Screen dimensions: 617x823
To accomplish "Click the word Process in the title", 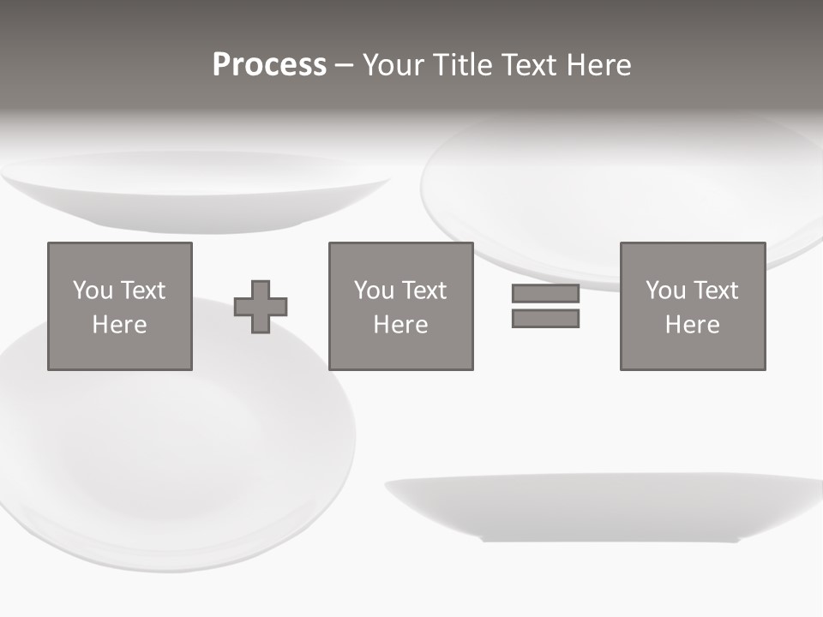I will coord(269,65).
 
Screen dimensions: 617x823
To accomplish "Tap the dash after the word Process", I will coord(344,66).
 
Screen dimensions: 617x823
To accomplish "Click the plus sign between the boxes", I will coord(261,307).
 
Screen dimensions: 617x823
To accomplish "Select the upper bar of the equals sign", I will coord(545,294).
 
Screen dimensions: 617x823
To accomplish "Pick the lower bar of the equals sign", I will coord(545,319).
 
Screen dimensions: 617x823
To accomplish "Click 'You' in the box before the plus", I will coord(93,291).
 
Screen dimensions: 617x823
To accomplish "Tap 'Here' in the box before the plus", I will coord(120,325).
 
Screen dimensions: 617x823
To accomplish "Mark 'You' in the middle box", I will coord(374,291).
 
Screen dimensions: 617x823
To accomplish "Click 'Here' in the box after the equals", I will coord(693,325).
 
